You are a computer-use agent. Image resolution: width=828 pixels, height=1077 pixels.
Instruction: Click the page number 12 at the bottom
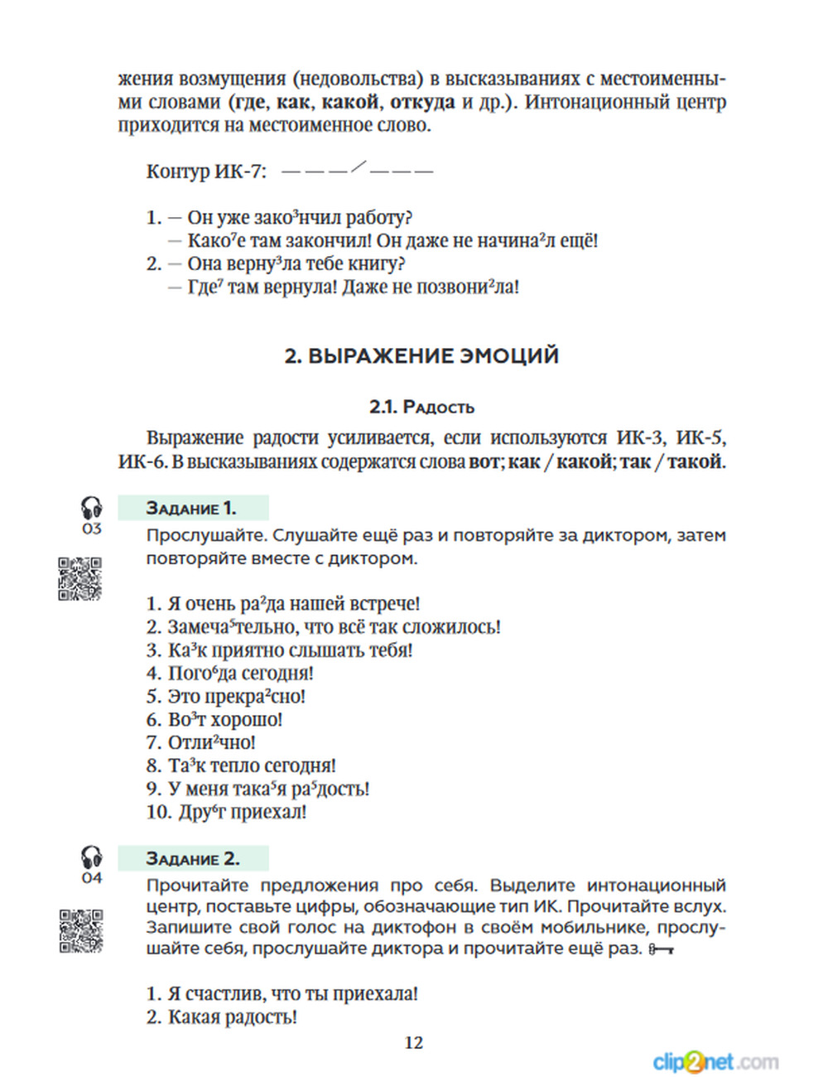pos(414,1043)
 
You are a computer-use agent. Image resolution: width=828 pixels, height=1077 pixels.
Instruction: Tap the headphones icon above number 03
pos(91,507)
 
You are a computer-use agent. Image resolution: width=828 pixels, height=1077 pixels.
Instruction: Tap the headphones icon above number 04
pos(91,857)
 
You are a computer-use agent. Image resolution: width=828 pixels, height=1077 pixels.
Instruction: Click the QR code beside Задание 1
pos(80,578)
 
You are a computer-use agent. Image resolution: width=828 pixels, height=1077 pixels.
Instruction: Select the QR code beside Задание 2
pos(80,930)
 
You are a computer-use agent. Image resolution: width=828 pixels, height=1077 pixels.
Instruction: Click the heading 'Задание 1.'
pos(191,508)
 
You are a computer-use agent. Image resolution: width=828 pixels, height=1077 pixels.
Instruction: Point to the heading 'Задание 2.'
pos(192,858)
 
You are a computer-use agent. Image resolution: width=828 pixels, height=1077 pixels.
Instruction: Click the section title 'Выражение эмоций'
pos(421,356)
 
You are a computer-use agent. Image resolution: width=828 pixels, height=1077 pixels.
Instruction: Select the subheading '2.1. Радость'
pos(421,407)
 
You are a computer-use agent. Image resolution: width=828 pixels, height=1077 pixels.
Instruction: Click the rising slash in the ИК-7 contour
pos(358,167)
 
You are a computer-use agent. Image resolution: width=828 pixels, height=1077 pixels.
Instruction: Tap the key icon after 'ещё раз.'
pos(661,949)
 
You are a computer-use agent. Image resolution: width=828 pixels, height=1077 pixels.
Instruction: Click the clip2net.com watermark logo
pos(715,1061)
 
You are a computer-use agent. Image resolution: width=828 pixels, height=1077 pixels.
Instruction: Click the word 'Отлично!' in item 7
pos(212,743)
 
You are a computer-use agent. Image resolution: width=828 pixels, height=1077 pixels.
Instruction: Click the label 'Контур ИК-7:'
pos(206,171)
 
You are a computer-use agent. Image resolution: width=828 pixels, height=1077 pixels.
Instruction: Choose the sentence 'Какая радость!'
pos(232,1017)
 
